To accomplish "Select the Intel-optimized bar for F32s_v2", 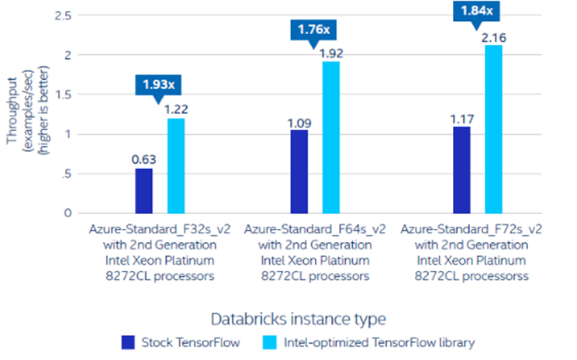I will pos(176,165).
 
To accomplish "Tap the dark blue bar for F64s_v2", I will pos(299,171).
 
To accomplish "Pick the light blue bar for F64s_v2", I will pos(331,137).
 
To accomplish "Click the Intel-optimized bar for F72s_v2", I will pos(494,128).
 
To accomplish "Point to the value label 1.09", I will pos(299,122).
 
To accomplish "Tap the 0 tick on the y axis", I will pos(68,213).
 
